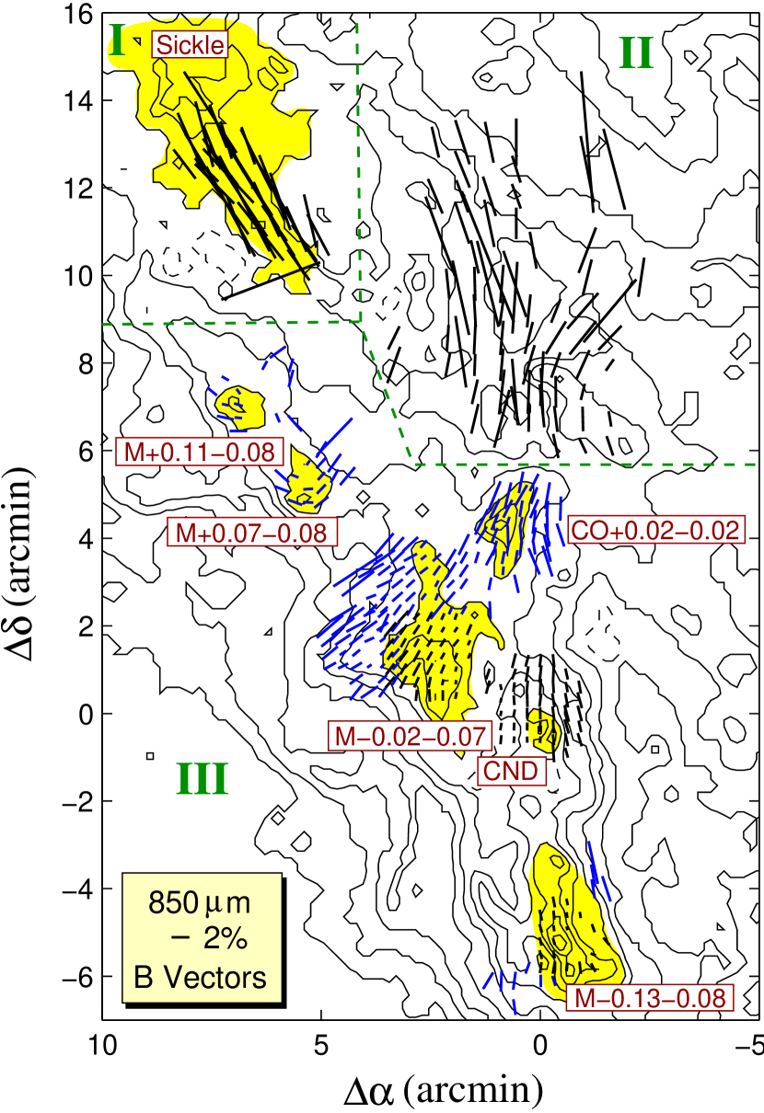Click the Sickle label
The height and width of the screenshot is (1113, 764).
[190, 44]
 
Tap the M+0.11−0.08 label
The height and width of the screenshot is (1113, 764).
[200, 452]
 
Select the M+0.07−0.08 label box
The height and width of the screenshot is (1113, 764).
[251, 532]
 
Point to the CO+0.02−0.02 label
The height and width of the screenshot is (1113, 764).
[655, 530]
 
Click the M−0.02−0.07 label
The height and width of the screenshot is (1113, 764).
[410, 735]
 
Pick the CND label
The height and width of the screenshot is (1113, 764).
[511, 770]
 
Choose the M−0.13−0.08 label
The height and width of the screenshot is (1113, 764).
[650, 998]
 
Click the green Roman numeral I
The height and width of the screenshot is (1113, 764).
[117, 40]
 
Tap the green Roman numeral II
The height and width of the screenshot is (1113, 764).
[635, 55]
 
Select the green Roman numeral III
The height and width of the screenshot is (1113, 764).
[202, 781]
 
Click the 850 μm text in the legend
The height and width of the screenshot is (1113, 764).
[200, 902]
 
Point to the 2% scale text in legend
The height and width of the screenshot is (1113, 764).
[210, 939]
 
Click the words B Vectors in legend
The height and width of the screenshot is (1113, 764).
[200, 977]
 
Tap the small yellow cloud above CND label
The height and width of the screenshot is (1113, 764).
[544, 730]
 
